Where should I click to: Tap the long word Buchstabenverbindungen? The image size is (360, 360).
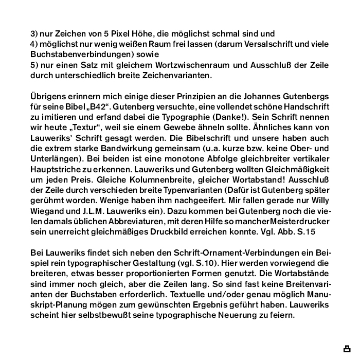pos(76,54)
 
